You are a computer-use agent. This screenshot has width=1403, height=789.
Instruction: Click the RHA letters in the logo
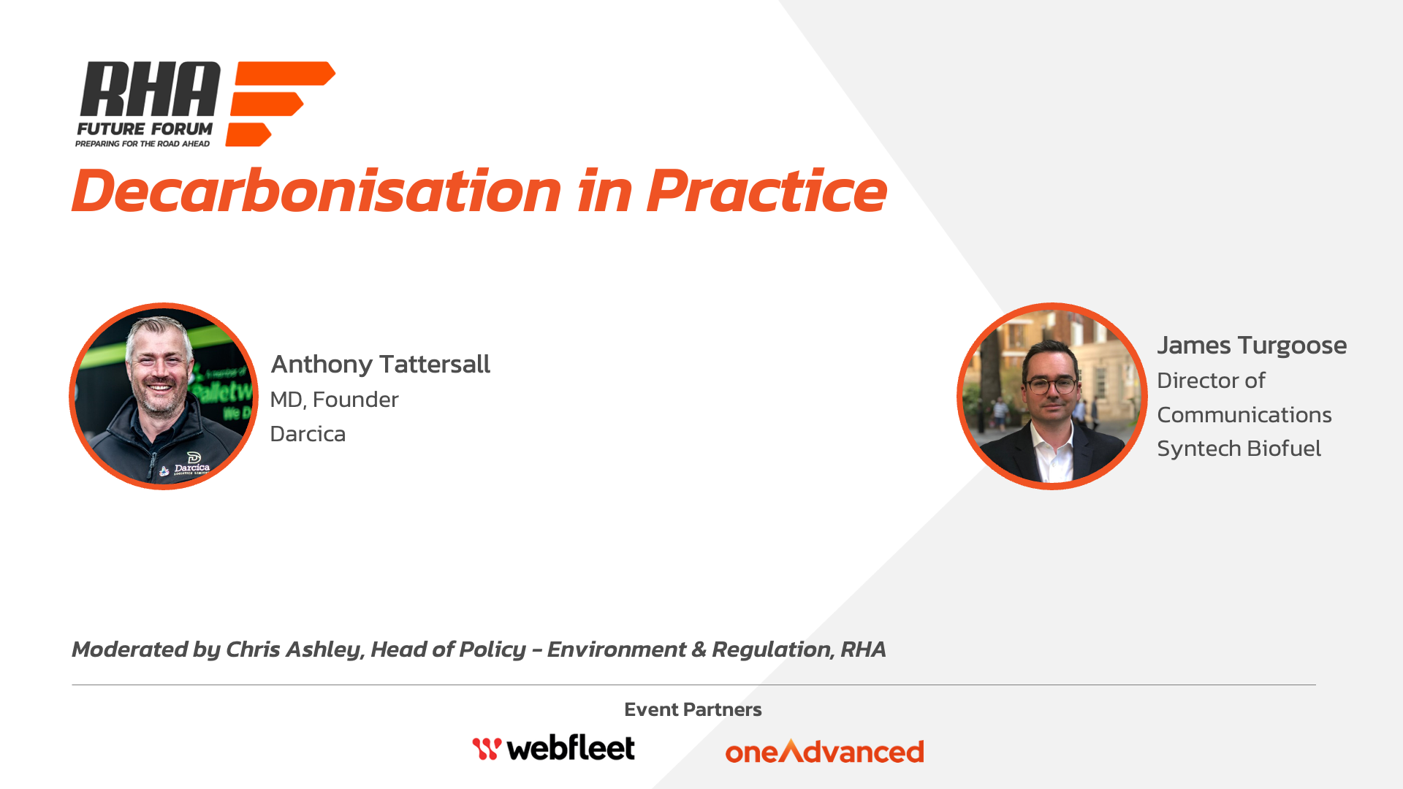coord(149,89)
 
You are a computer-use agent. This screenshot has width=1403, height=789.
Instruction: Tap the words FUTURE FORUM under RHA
coord(145,129)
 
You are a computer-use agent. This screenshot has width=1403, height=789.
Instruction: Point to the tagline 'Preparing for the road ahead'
coord(142,144)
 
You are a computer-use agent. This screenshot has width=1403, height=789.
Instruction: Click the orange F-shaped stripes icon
coord(281,104)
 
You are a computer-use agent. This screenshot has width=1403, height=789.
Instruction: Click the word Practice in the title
coord(767,191)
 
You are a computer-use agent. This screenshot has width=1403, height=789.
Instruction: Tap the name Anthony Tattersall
coord(380,364)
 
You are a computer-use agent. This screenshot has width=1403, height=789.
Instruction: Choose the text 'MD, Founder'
coord(334,400)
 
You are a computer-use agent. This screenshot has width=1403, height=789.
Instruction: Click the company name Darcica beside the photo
coord(308,434)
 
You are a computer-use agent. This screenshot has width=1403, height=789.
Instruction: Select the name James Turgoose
coord(1252,346)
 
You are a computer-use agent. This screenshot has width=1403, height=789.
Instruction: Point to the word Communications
coord(1244,415)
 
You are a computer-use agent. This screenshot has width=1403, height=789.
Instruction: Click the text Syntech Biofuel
coord(1239,449)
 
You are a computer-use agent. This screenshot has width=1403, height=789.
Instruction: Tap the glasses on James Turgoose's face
coord(1052,384)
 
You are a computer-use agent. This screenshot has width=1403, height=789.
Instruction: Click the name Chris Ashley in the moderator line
coord(293,649)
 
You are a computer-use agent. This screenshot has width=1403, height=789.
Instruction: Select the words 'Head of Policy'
coord(448,649)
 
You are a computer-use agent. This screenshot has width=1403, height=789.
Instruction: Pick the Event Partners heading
coord(693,709)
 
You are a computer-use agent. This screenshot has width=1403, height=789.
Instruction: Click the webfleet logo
coord(553,747)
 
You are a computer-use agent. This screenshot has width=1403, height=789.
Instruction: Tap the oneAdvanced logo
coord(824,751)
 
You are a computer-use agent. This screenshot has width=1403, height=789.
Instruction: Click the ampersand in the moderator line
coord(699,649)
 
